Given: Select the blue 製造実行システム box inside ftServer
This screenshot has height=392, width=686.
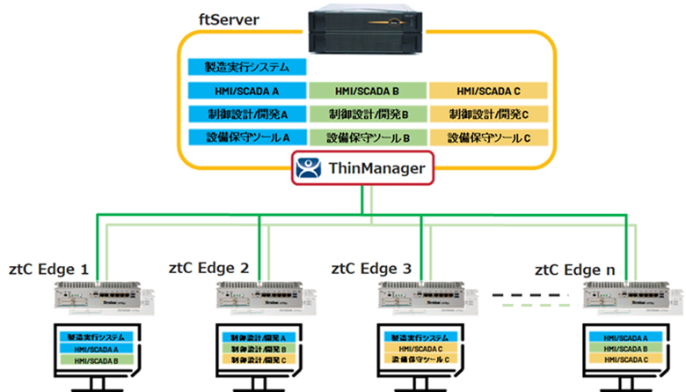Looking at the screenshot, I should click(245, 66).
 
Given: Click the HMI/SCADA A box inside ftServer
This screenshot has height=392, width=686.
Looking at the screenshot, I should click(245, 90).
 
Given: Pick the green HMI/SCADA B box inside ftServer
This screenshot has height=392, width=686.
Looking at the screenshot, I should click(367, 90).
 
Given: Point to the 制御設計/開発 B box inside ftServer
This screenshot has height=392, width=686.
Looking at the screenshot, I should click(367, 114).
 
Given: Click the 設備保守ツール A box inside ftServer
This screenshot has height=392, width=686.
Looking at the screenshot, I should click(245, 137).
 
